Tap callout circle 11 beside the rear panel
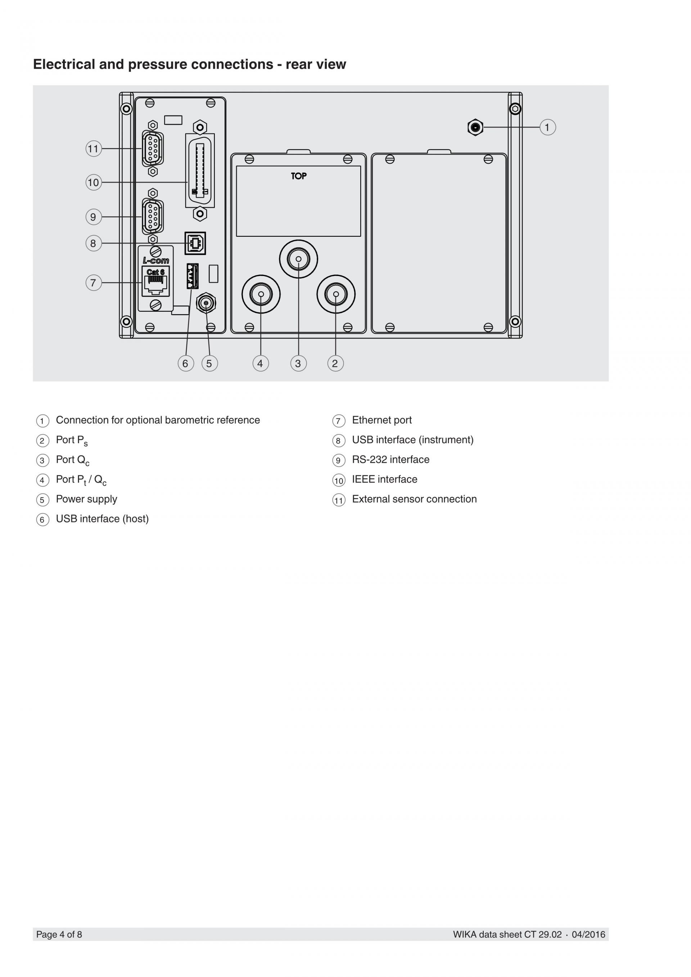pyautogui.click(x=94, y=149)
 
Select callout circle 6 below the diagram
pyautogui.click(x=185, y=363)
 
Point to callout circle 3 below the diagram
pyautogui.click(x=298, y=363)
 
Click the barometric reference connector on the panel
pyautogui.click(x=475, y=127)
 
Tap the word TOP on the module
pyautogui.click(x=299, y=176)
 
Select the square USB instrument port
pyautogui.click(x=195, y=243)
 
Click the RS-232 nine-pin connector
pyautogui.click(x=153, y=217)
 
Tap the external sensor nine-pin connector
pyautogui.click(x=153, y=149)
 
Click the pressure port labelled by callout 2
pyautogui.click(x=336, y=294)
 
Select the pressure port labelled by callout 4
pyautogui.click(x=261, y=294)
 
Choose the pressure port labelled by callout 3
pyautogui.click(x=298, y=259)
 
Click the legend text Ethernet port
pyautogui.click(x=381, y=420)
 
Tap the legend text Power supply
pyautogui.click(x=86, y=499)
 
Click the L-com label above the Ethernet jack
pyautogui.click(x=156, y=261)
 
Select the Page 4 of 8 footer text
pyautogui.click(x=59, y=934)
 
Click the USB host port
pyautogui.click(x=192, y=276)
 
